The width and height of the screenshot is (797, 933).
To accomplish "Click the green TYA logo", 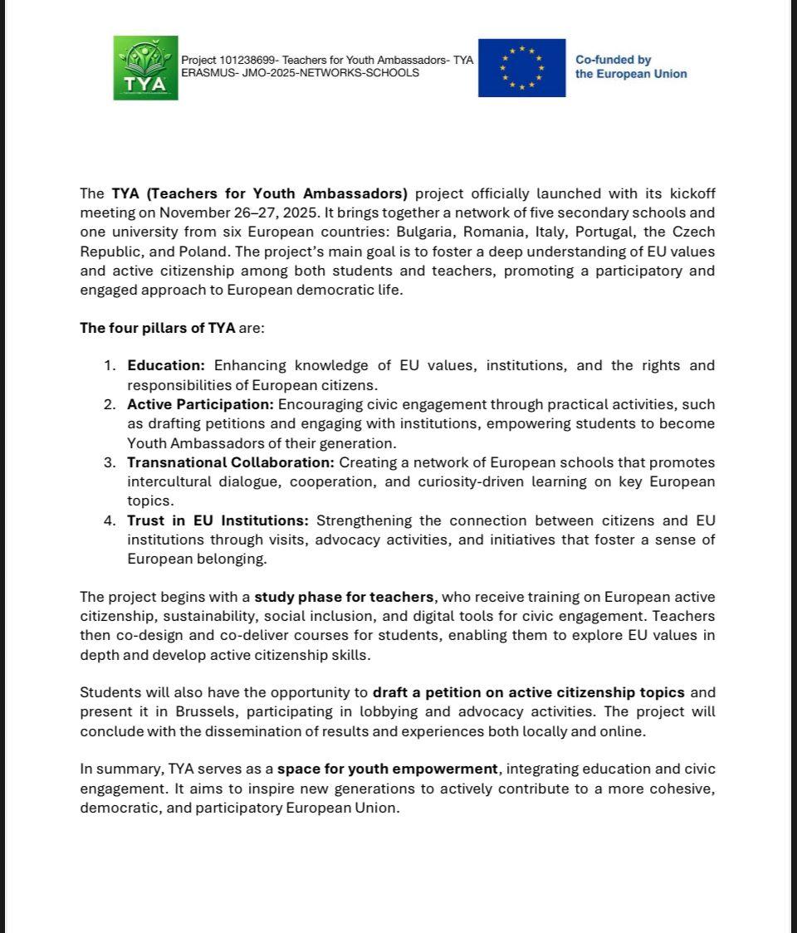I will [x=145, y=68].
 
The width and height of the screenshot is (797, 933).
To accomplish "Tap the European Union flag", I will [x=521, y=67].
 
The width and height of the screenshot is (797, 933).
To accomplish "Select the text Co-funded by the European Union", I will [x=631, y=67].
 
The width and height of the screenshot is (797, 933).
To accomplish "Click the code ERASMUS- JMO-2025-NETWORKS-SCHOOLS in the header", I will [x=300, y=73].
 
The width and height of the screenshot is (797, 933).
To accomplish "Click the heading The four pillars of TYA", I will [x=158, y=328].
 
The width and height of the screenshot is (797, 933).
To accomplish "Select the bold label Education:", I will [x=165, y=365].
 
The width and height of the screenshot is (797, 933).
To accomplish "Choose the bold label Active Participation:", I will [x=199, y=404].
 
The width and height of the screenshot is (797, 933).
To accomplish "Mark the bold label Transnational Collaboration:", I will [x=230, y=462].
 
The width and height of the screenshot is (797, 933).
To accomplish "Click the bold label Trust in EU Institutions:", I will [x=218, y=520].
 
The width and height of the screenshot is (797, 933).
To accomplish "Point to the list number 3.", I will [x=110, y=462].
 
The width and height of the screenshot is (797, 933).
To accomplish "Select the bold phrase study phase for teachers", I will [x=344, y=597].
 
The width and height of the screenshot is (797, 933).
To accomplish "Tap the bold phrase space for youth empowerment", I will [x=389, y=769].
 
